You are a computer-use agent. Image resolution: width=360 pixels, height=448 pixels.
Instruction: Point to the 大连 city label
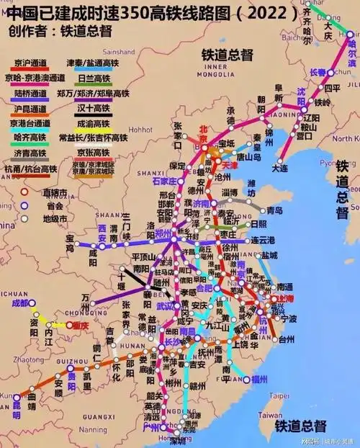(x=280, y=168)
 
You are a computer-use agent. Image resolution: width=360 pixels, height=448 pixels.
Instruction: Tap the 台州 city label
(x=286, y=339)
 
